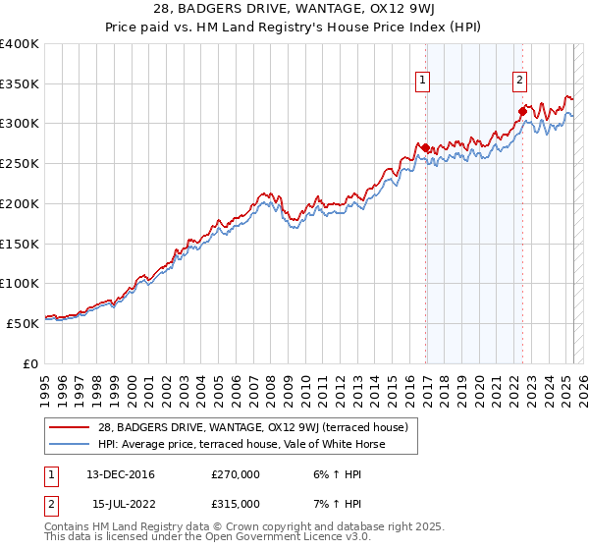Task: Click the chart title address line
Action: pyautogui.click(x=294, y=11)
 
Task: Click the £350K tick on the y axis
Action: pyautogui.click(x=20, y=83)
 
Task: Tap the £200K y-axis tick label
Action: pyautogui.click(x=20, y=203)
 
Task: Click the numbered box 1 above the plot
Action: pyautogui.click(x=423, y=82)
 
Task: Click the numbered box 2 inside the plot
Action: pyautogui.click(x=519, y=82)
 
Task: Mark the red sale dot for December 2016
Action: pyautogui.click(x=425, y=147)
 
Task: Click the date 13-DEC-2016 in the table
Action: pyautogui.click(x=121, y=474)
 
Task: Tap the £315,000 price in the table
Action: pyautogui.click(x=235, y=504)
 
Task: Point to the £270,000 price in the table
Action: pyautogui.click(x=235, y=474)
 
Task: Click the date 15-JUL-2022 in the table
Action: pyautogui.click(x=121, y=504)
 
